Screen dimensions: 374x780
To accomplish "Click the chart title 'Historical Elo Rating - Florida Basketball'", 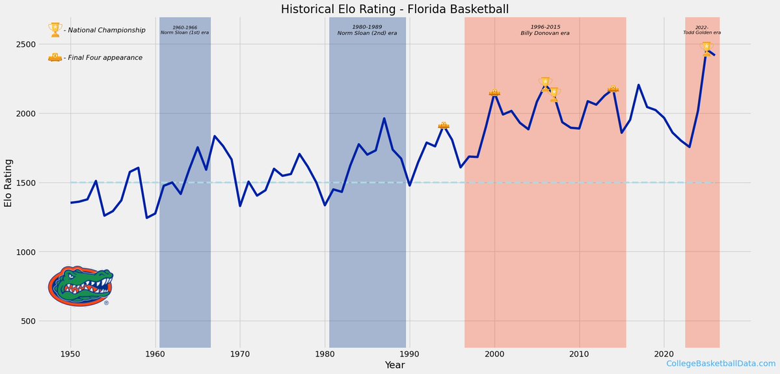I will (x=394, y=9).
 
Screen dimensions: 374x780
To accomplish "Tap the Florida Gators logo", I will (x=80, y=286).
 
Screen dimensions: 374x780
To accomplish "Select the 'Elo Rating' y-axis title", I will (x=8, y=182).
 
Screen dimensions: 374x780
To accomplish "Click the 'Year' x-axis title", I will (x=394, y=366).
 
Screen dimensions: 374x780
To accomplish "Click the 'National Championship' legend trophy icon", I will (x=55, y=30).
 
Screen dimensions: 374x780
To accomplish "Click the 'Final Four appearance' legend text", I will (x=105, y=58).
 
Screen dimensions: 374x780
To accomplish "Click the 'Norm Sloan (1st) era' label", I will (x=184, y=30).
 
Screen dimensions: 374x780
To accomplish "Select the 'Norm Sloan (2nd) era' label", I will (x=367, y=30).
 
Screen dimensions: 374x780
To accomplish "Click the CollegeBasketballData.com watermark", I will (x=721, y=364).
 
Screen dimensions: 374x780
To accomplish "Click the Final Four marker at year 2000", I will (x=494, y=93).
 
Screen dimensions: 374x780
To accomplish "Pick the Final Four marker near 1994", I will (x=444, y=125).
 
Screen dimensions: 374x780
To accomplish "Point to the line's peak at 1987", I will (x=384, y=118).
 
